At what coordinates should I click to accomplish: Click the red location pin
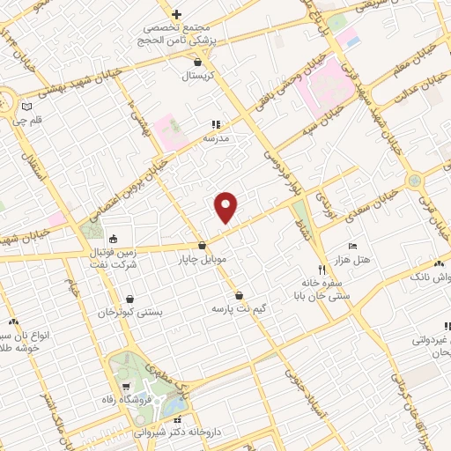(x=226, y=206)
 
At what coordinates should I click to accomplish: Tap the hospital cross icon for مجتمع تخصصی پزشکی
(x=176, y=14)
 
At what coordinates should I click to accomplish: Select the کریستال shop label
(x=204, y=77)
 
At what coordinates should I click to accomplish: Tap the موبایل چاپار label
(x=203, y=260)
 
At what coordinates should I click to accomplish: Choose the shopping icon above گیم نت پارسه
(x=240, y=295)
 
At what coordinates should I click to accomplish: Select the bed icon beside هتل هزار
(x=352, y=245)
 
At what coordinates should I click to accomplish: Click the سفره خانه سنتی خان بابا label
(x=326, y=290)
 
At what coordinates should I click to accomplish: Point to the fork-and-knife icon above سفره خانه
(x=321, y=269)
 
